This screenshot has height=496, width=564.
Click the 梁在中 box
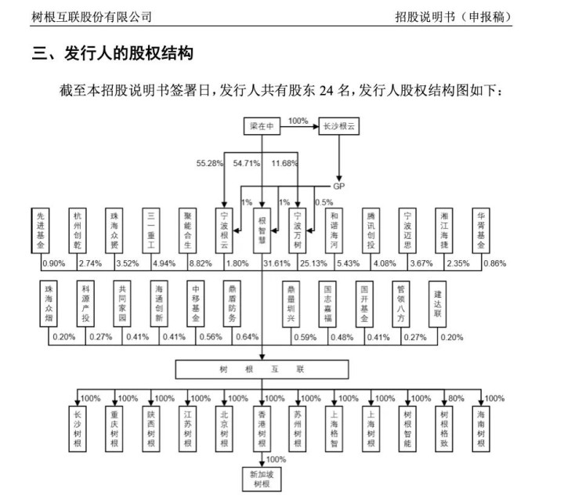tap(262, 126)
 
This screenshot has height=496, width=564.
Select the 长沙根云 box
tap(339, 126)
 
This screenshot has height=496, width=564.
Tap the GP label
tap(339, 186)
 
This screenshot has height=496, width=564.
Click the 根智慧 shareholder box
tap(262, 230)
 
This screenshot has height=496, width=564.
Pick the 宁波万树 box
tap(298, 230)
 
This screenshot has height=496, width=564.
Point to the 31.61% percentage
tap(277, 263)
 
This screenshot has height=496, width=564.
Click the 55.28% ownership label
tap(210, 163)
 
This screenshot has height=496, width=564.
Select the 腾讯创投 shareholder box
tap(371, 230)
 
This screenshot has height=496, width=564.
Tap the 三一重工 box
tap(150, 230)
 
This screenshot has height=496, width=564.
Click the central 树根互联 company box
tap(262, 369)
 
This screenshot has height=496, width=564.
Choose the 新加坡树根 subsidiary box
tap(262, 479)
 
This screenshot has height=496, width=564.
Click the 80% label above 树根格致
tap(456, 399)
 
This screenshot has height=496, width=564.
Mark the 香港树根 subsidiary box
tap(262, 429)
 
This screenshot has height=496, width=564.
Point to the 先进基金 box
tap(40, 230)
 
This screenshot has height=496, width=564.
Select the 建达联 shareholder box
tap(437, 304)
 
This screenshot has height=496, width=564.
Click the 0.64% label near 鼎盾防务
tap(247, 337)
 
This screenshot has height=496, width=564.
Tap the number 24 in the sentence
tap(326, 90)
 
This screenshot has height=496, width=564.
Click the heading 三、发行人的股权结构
tap(113, 53)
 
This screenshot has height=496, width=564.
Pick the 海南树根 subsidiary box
tap(481, 429)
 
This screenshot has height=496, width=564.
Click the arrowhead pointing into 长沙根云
tap(316, 126)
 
